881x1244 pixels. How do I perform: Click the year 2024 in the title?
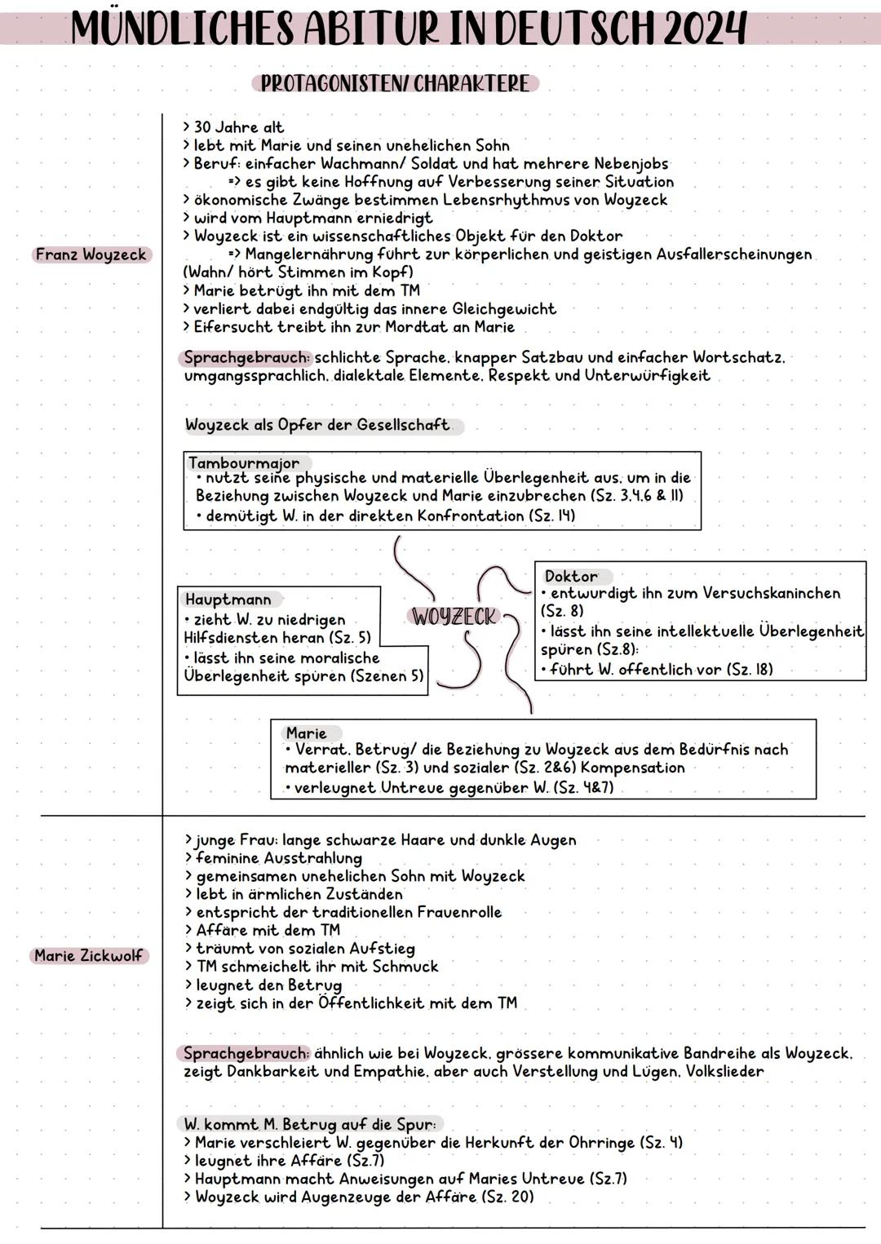[705, 29]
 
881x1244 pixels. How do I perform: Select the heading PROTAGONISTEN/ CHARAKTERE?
[395, 84]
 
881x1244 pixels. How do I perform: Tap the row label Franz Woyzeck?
[91, 255]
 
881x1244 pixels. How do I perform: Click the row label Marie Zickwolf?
[89, 955]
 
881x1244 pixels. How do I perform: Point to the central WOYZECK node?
[454, 618]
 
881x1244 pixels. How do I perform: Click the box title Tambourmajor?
[244, 463]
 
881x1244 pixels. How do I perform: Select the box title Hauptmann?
[228, 600]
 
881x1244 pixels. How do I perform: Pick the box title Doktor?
[571, 576]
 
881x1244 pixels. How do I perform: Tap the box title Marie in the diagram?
[306, 733]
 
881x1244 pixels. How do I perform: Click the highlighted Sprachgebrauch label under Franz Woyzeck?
[246, 357]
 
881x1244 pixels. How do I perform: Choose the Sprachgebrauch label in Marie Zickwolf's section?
[246, 1053]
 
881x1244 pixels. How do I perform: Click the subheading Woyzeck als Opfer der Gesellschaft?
[317, 425]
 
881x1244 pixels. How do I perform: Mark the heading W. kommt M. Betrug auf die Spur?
[310, 1124]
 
